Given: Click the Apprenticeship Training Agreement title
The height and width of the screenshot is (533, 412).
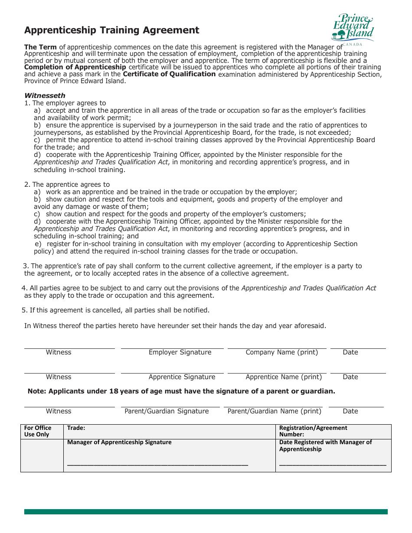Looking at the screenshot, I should (x=111, y=30).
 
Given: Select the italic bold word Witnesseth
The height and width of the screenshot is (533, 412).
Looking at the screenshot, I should (x=45, y=96).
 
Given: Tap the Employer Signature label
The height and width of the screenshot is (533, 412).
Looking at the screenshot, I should (x=180, y=352).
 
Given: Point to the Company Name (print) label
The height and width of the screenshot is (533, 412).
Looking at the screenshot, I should (x=281, y=352).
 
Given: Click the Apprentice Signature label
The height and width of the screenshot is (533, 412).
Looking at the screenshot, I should (x=182, y=377).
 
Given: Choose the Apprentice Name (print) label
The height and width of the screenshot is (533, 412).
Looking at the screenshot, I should (x=284, y=377).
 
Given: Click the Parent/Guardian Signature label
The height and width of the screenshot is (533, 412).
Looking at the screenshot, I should (x=167, y=411).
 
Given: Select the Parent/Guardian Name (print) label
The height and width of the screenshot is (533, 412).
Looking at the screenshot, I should (x=275, y=411).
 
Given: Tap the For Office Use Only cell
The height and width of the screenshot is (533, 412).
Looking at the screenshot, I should (x=38, y=431).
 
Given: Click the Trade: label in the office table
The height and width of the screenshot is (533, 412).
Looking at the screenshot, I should (x=76, y=428).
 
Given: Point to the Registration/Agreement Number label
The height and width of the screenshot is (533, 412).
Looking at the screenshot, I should (x=313, y=431).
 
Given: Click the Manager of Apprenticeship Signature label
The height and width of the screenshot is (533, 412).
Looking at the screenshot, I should (x=119, y=442).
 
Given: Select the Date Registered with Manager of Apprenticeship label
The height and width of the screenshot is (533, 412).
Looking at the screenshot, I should (x=325, y=445).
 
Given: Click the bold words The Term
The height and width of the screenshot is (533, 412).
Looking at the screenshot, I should (x=40, y=47).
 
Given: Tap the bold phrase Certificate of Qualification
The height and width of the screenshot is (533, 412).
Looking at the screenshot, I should (x=169, y=74).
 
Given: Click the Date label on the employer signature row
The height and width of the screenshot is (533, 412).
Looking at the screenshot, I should (x=350, y=352).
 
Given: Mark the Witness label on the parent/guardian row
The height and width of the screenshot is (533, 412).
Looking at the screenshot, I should (x=59, y=411).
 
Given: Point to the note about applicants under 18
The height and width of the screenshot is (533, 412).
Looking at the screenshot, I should (x=181, y=391).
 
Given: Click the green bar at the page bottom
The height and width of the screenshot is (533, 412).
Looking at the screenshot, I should (x=206, y=512).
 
